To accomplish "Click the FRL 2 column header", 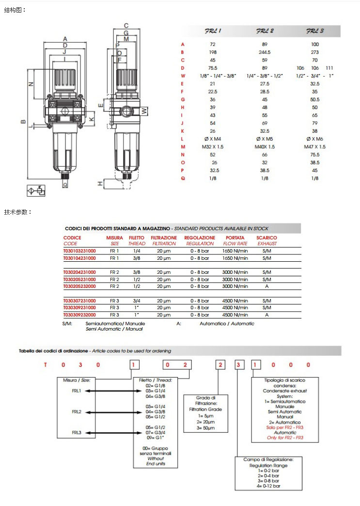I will point(265,31).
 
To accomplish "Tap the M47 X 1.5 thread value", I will point(314,146).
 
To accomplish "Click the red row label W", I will point(183,76).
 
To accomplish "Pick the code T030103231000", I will point(79,251).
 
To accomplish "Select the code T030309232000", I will point(79,315).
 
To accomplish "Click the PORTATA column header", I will point(235,238).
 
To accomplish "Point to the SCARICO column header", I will point(266,238).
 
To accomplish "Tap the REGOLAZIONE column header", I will point(199,238).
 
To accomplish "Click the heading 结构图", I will point(15,10).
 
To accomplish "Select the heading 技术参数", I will point(18,212).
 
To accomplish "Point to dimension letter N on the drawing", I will point(31,83).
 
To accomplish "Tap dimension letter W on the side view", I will point(144,111).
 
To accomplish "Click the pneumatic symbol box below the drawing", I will point(36,190).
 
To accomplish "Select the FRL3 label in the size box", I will point(76,432).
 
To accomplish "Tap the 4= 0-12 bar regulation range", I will point(269,486).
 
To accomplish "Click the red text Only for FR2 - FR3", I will point(285,438).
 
